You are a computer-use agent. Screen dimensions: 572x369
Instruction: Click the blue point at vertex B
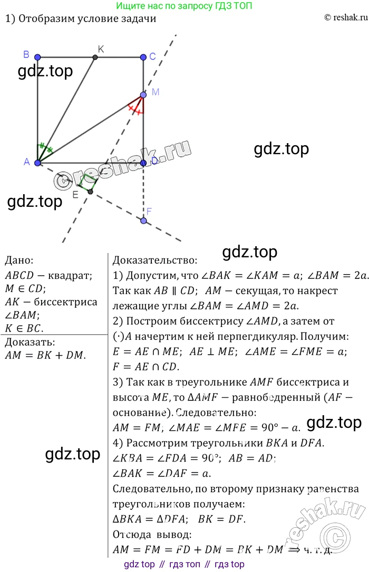(x=37, y=57)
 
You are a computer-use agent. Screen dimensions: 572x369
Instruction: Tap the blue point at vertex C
(x=143, y=57)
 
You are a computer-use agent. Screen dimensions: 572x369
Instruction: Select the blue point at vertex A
(x=37, y=163)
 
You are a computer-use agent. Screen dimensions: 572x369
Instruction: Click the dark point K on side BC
(x=95, y=57)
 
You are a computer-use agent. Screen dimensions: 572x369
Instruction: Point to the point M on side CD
(x=143, y=95)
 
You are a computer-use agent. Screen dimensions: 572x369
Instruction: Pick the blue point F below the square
(x=143, y=220)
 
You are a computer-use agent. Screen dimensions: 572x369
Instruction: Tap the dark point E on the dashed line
(x=90, y=192)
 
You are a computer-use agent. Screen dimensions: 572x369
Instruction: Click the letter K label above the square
(x=101, y=49)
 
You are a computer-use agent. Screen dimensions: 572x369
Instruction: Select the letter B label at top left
(x=26, y=54)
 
